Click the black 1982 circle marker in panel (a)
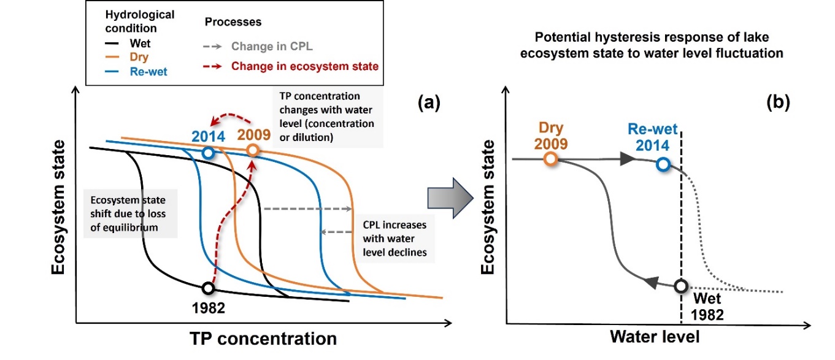click(209, 288)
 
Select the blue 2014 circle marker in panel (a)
click(209, 152)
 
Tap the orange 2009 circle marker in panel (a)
click(252, 150)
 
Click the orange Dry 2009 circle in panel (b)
click(550, 159)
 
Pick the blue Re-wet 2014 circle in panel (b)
click(663, 164)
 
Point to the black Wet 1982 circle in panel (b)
click(680, 286)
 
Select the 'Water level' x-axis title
click(654, 337)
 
